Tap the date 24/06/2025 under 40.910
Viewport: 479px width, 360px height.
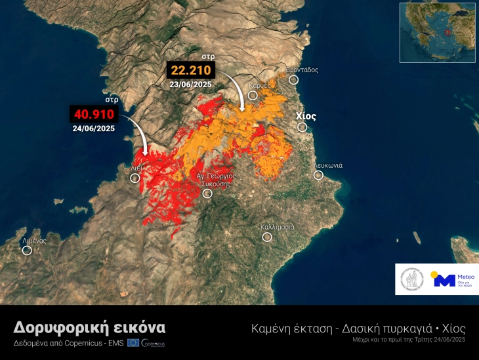(93, 129)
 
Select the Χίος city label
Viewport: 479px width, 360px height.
(306, 116)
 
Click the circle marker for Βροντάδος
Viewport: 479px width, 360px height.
(293, 79)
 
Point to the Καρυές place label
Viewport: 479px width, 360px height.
(260, 86)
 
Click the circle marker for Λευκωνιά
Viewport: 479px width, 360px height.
(318, 175)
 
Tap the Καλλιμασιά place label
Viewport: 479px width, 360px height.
(277, 227)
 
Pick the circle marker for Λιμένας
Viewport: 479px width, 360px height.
(27, 250)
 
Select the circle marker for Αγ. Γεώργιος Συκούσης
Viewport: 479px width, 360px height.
(207, 193)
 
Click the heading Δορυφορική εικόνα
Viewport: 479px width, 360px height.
(90, 327)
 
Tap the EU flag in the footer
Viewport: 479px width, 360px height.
(133, 343)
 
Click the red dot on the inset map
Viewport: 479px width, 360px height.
(448, 31)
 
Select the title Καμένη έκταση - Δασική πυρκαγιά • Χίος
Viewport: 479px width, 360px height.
(358, 328)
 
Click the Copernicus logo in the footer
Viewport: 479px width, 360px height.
(153, 343)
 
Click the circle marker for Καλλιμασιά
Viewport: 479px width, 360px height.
(267, 237)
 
